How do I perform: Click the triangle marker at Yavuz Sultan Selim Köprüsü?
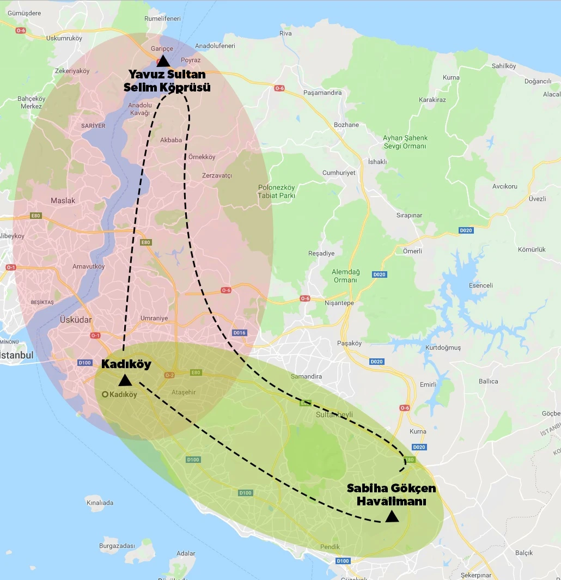(162, 60)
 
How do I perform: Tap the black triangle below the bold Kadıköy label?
(125, 380)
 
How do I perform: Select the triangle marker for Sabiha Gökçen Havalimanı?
(392, 516)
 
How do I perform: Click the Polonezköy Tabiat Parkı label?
(276, 191)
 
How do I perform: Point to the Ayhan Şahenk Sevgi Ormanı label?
(405, 142)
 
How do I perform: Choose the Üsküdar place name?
(77, 320)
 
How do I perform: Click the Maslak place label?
(63, 200)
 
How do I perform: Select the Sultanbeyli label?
(334, 414)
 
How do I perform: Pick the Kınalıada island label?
(100, 503)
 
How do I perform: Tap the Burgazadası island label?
(117, 545)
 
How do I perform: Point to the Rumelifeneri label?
(162, 19)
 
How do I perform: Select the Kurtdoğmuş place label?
(443, 347)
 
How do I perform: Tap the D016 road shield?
(239, 332)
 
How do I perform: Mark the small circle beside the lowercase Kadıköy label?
(105, 394)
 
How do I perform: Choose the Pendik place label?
(330, 547)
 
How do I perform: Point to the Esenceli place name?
(480, 285)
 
